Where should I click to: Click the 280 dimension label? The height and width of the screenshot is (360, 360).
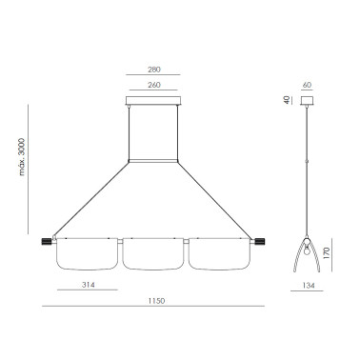(x=154, y=70)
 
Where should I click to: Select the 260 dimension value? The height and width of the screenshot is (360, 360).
(x=154, y=85)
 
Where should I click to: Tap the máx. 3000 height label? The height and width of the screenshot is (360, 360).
(x=22, y=156)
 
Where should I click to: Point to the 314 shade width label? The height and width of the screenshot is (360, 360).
(x=89, y=285)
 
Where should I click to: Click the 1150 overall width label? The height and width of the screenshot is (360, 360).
(x=156, y=301)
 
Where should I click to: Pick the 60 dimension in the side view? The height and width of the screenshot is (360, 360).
(x=307, y=85)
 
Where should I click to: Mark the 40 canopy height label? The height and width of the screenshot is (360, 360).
(x=288, y=100)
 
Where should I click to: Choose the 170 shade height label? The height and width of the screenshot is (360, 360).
(x=327, y=253)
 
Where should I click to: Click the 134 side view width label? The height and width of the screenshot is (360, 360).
(x=309, y=286)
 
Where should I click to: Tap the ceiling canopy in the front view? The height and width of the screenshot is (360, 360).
(x=153, y=100)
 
